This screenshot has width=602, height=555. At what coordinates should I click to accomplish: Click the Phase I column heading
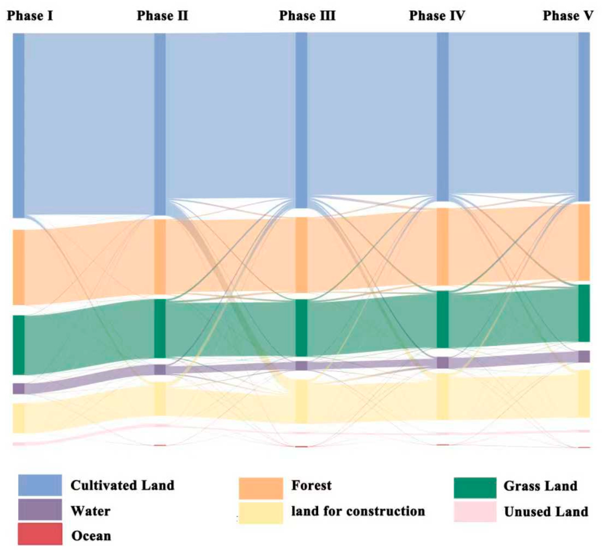tap(30, 16)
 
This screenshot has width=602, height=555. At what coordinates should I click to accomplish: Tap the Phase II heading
tap(162, 16)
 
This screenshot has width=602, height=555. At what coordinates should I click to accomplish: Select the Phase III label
tap(307, 16)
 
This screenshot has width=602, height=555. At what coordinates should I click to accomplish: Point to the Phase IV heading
tap(437, 16)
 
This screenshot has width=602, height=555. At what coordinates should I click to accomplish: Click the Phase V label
tap(568, 16)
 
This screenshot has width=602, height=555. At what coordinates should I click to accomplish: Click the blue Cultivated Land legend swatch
tap(40, 485)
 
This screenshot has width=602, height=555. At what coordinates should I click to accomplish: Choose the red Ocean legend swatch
tap(40, 534)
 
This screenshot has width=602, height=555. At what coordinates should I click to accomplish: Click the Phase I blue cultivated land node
tap(19, 125)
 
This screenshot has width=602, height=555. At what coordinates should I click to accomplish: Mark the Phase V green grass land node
tap(584, 313)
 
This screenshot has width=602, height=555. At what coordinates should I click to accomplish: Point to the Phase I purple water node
tap(19, 388)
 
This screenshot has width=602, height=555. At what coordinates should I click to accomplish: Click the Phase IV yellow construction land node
tap(442, 396)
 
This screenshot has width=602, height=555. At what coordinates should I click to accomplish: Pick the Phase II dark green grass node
tap(160, 328)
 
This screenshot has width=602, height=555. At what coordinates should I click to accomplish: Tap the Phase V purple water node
tap(584, 356)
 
